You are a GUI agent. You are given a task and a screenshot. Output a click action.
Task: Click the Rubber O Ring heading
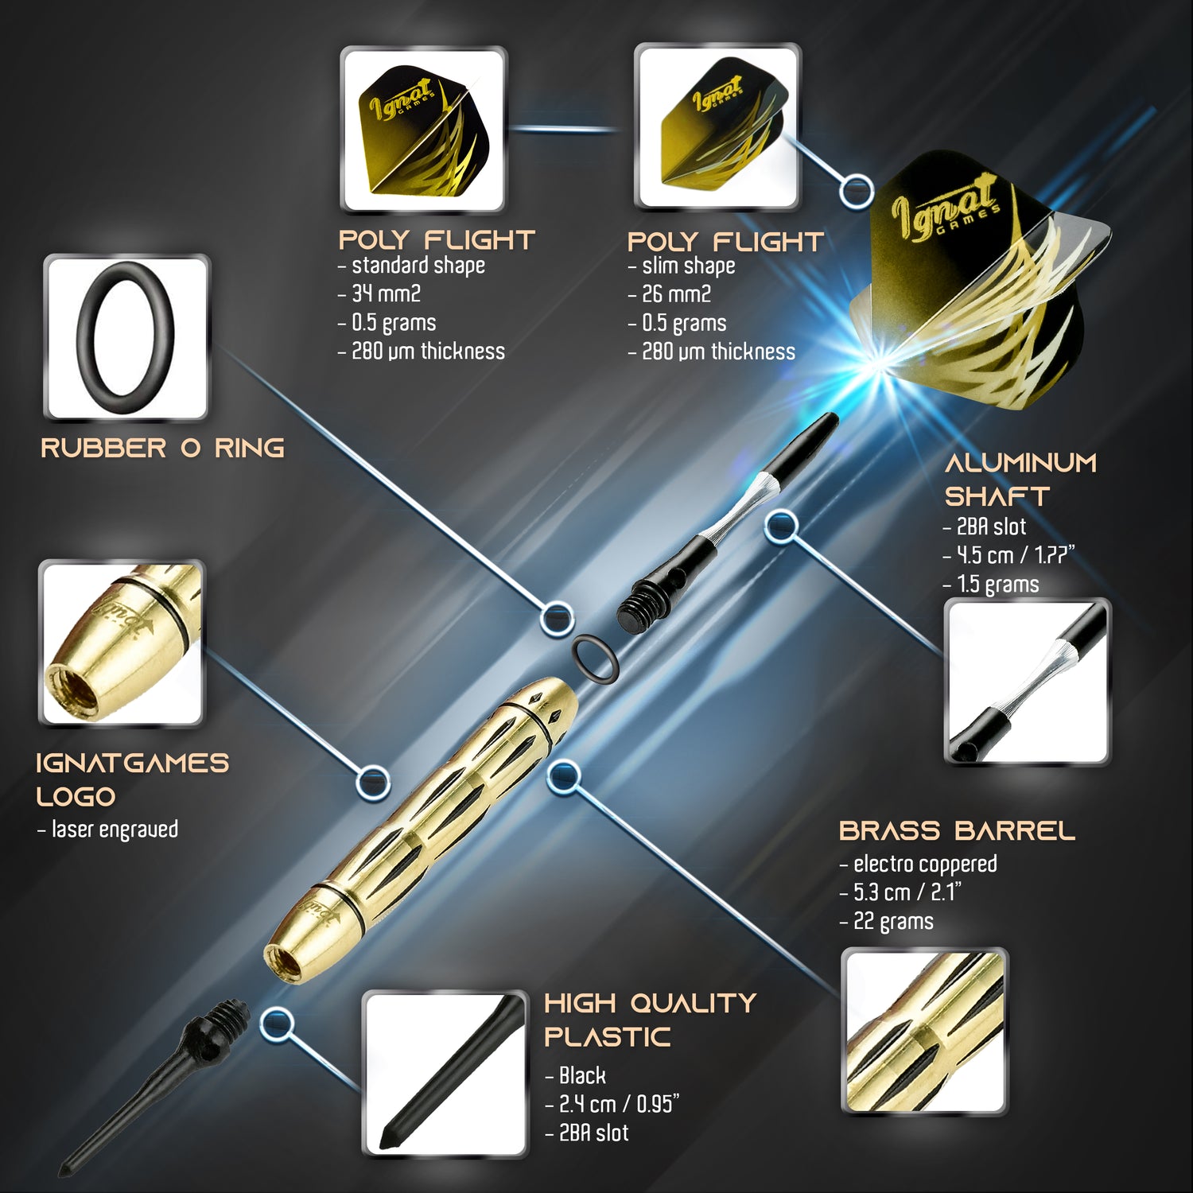(x=162, y=448)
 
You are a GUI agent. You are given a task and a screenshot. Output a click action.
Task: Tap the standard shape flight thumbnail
(x=423, y=129)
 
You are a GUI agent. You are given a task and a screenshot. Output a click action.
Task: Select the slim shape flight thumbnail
(x=717, y=127)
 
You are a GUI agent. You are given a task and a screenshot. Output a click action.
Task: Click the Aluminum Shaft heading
(x=1020, y=480)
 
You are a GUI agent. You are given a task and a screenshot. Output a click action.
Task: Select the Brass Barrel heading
(x=957, y=831)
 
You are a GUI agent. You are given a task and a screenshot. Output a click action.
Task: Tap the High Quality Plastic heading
(x=650, y=1020)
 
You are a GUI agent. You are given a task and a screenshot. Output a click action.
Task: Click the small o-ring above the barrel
(x=595, y=659)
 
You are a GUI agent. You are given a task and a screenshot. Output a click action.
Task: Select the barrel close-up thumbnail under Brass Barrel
(x=924, y=1032)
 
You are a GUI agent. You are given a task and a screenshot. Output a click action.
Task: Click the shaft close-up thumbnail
(x=1027, y=682)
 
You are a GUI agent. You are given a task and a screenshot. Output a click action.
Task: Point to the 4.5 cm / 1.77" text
(x=1008, y=555)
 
